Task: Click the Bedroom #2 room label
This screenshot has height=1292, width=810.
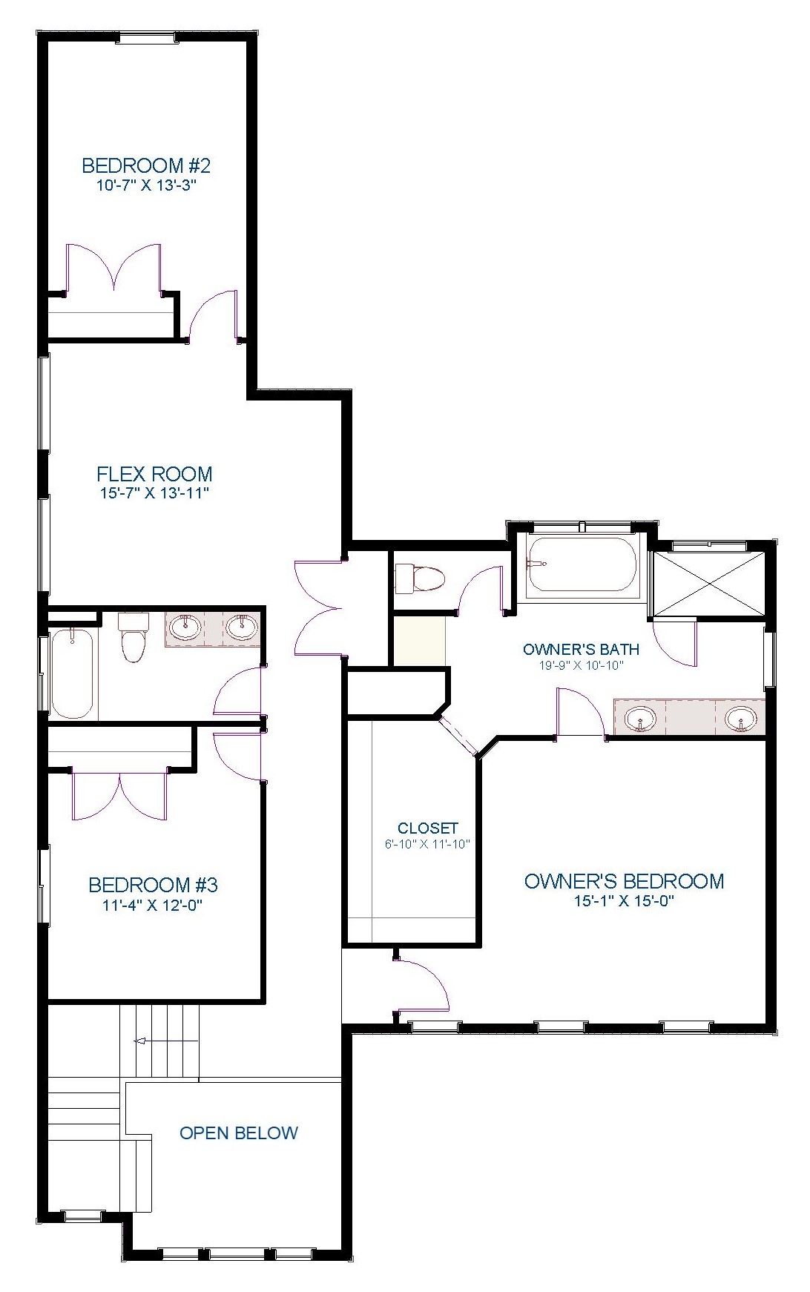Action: click(x=151, y=165)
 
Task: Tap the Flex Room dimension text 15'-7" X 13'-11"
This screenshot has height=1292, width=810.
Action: click(x=155, y=493)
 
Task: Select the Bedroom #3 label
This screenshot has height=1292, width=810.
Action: click(x=153, y=885)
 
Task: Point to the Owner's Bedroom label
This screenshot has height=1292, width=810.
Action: click(x=624, y=881)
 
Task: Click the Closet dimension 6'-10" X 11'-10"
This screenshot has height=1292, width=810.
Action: click(x=427, y=844)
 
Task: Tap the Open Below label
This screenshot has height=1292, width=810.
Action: click(x=239, y=1133)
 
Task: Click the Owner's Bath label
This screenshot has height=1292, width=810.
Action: click(x=581, y=650)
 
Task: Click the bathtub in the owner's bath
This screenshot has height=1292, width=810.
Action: click(x=582, y=565)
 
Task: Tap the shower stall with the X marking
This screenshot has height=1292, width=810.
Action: click(x=709, y=584)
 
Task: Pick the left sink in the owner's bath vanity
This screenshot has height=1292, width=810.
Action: click(x=640, y=718)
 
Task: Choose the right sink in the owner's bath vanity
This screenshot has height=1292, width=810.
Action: click(x=740, y=718)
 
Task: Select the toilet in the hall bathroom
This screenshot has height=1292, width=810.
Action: click(x=134, y=637)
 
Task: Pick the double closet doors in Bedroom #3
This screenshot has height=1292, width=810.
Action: click(x=120, y=795)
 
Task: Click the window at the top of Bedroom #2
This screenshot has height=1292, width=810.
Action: click(x=148, y=39)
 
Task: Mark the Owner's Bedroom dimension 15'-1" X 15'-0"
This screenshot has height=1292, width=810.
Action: click(x=624, y=901)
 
